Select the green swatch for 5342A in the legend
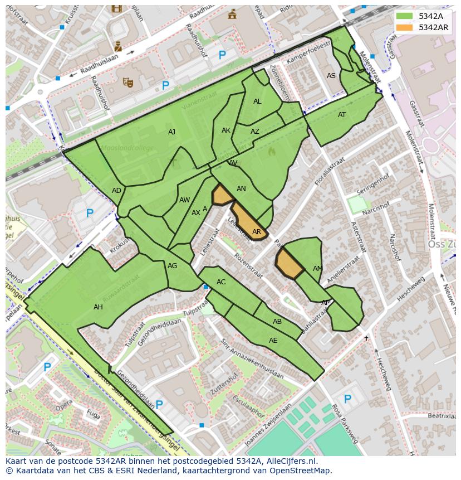[405, 16]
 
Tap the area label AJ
[171, 132]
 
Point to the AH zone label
[98, 307]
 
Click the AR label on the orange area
[257, 232]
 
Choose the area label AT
[342, 115]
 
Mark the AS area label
[331, 76]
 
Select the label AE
[273, 341]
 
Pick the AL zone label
[257, 101]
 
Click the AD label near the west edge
[116, 191]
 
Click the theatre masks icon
[128, 83]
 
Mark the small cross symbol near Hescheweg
[366, 338]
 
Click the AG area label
[173, 266]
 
